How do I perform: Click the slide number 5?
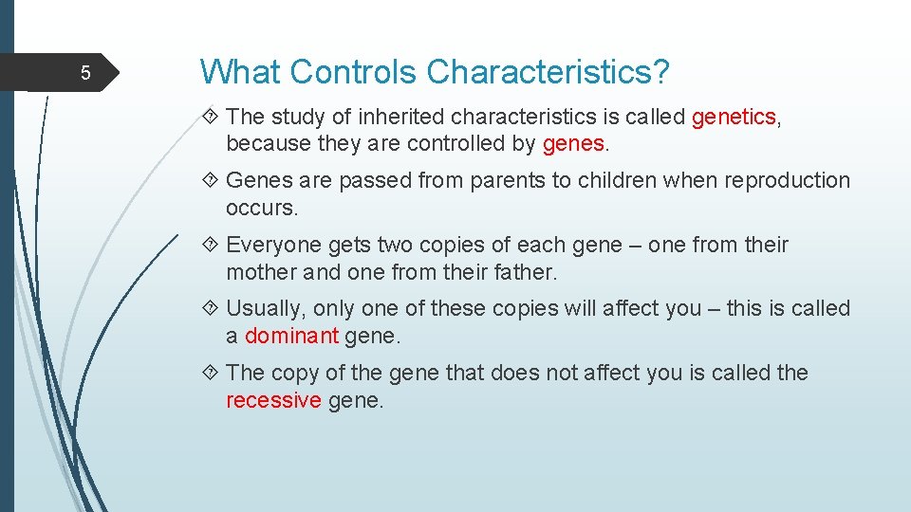(x=84, y=73)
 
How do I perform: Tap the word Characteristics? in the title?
(x=548, y=71)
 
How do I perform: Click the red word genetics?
(x=734, y=117)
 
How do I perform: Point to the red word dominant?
(x=291, y=336)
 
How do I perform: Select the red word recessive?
(x=273, y=400)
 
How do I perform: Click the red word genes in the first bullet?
(x=573, y=143)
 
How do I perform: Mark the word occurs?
(x=262, y=207)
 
